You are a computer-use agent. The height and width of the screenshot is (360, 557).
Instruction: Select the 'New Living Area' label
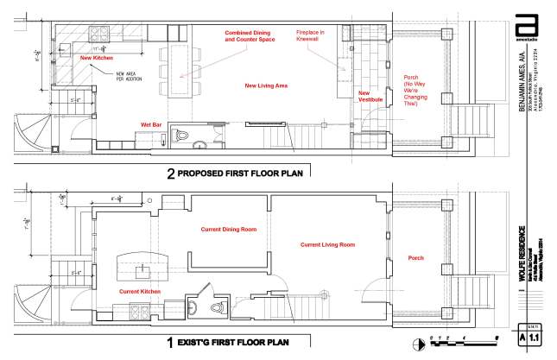click(266, 86)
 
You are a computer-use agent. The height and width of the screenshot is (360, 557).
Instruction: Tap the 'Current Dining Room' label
click(229, 229)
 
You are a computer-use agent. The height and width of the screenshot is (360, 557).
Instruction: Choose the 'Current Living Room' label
click(327, 245)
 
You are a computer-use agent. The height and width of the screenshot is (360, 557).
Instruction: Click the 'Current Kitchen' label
click(140, 291)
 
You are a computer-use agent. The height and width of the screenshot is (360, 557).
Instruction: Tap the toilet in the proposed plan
click(182, 135)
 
